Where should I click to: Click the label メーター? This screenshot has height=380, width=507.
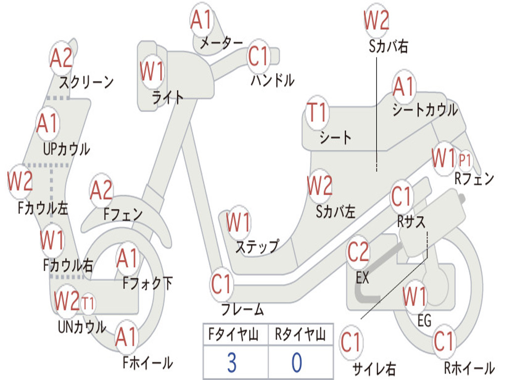(x=221, y=43)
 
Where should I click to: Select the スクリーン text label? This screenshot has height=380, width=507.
(x=87, y=82)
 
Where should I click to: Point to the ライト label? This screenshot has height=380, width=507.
(x=167, y=97)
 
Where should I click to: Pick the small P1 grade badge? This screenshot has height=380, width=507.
(x=465, y=160)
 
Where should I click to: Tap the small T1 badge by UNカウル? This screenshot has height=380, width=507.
(x=88, y=302)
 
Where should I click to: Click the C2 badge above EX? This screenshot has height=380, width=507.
(x=358, y=252)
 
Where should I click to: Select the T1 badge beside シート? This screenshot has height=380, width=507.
(x=317, y=113)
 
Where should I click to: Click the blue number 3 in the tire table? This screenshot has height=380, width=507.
(x=231, y=363)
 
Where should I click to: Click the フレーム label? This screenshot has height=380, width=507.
(x=242, y=310)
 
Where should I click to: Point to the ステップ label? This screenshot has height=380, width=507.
(x=256, y=246)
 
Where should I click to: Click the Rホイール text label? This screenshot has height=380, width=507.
(x=469, y=368)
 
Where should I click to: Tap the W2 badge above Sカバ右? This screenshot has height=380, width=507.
(x=376, y=20)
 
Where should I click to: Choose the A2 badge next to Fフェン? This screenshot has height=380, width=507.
(x=101, y=190)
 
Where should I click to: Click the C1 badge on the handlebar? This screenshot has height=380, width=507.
(x=258, y=56)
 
